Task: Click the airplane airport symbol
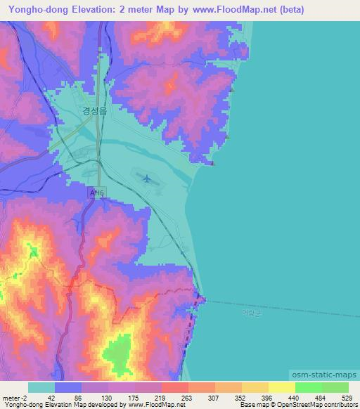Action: click(146, 178)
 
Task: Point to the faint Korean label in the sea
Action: click(250, 313)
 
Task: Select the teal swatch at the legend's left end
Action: click(41, 387)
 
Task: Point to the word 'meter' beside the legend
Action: click(10, 397)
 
